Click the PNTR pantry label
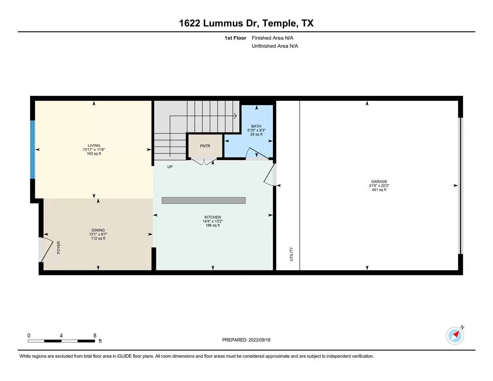(205, 146)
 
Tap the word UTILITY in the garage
(291, 254)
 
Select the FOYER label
(59, 247)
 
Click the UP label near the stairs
(170, 167)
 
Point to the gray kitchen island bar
(203, 200)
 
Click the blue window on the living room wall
(33, 150)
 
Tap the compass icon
(455, 336)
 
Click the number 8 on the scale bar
(95, 335)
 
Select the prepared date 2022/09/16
(259, 340)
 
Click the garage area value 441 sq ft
(379, 190)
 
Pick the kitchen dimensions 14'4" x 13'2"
(213, 221)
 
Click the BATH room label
(256, 126)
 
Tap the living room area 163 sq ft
(94, 153)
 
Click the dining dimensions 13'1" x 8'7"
(98, 234)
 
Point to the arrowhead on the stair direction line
(236, 116)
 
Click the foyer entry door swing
(47, 250)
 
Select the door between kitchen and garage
(270, 174)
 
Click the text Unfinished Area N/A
(275, 46)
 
